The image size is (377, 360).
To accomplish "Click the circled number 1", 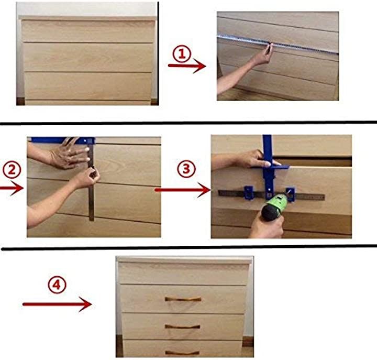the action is tap(182, 54).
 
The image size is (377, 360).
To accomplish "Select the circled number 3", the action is tap(186, 169).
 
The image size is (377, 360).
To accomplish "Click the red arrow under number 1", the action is tap(187, 66).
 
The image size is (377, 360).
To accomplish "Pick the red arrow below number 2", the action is tap(12, 188).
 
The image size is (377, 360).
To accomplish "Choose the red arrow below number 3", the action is tap(183, 190).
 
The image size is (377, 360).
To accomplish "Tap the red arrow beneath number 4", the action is tap(57, 304).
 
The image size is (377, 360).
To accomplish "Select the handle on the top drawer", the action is tap(183, 299).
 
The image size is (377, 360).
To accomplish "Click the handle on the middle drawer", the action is tap(183, 327).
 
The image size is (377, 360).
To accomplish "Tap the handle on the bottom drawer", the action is tap(182, 353).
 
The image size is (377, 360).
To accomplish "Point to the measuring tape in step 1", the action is tap(278, 44).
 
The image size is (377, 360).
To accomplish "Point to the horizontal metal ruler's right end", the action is tap(324, 198).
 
